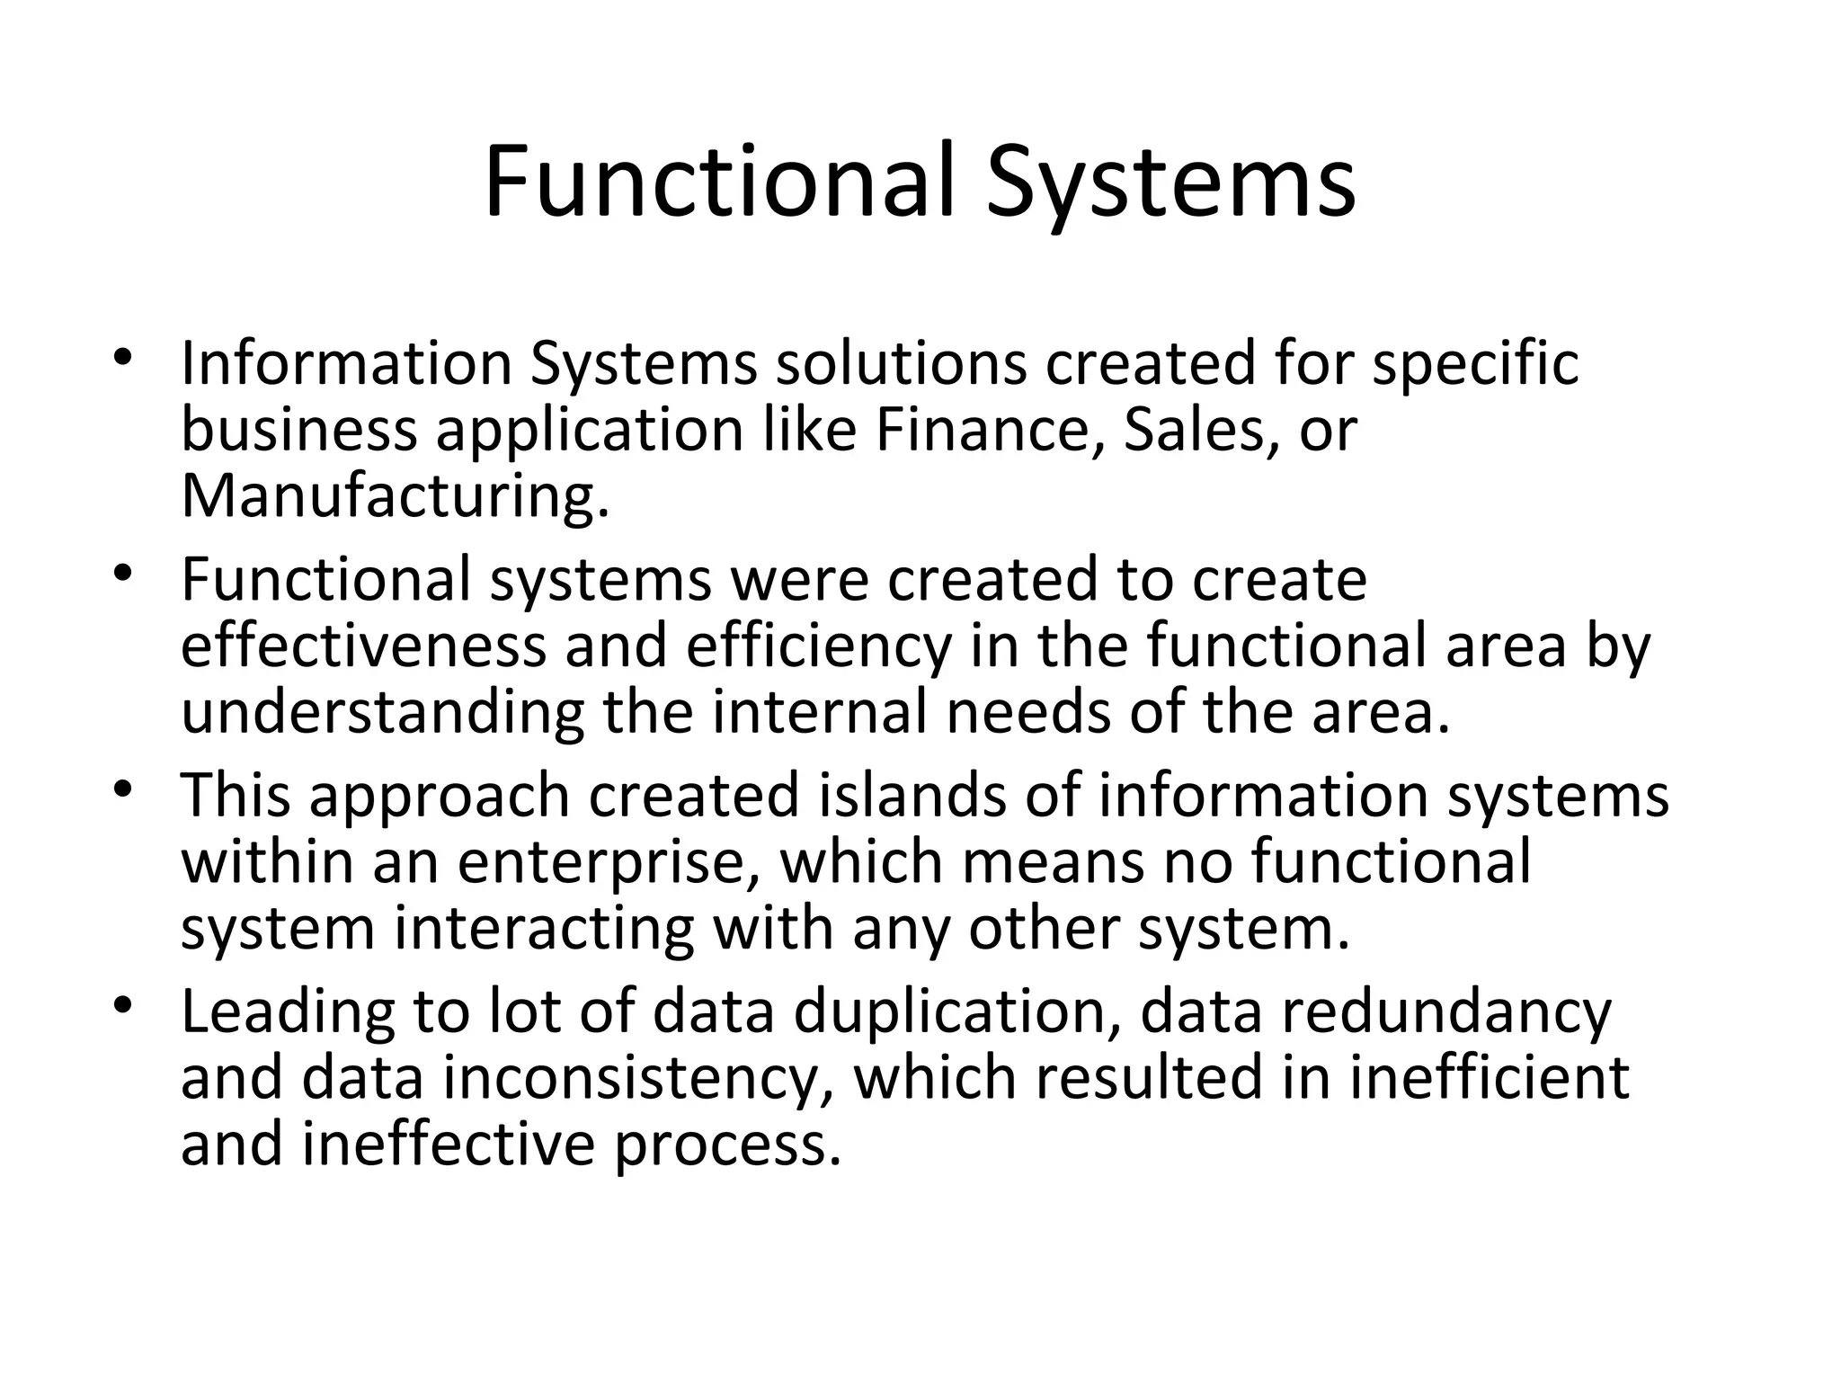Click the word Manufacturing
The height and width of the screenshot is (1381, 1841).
pyautogui.click(x=395, y=495)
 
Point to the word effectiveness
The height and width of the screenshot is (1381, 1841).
pyautogui.click(x=363, y=646)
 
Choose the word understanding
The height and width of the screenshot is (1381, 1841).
pyautogui.click(x=382, y=713)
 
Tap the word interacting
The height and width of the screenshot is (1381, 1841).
pyautogui.click(x=544, y=928)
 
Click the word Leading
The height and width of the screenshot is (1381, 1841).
pyautogui.click(x=288, y=1012)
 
